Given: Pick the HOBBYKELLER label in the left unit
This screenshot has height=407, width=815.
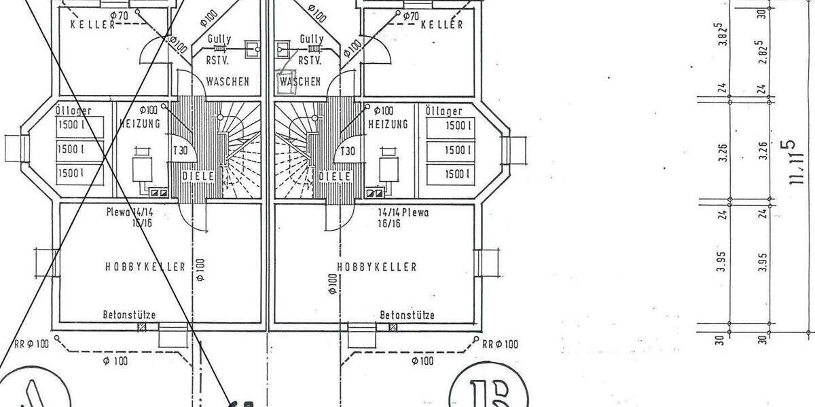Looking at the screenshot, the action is [145, 267].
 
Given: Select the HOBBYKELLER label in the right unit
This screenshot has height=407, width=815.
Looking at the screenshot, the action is [376, 267].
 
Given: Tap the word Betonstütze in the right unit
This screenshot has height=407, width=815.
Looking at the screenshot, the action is [407, 315].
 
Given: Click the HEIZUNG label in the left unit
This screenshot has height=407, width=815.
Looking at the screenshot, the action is [139, 124].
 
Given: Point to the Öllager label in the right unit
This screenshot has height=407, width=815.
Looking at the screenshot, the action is [443, 111].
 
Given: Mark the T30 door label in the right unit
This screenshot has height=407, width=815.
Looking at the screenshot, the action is [348, 151].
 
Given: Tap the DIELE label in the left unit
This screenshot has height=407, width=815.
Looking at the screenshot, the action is [198, 176].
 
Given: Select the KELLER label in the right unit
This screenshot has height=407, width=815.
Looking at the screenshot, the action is [442, 25].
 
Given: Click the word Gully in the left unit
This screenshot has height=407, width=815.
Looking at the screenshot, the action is [219, 39].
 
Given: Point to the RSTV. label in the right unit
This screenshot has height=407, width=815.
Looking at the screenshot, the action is [310, 60].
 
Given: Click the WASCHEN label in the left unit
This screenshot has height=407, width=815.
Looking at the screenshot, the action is [227, 81].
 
